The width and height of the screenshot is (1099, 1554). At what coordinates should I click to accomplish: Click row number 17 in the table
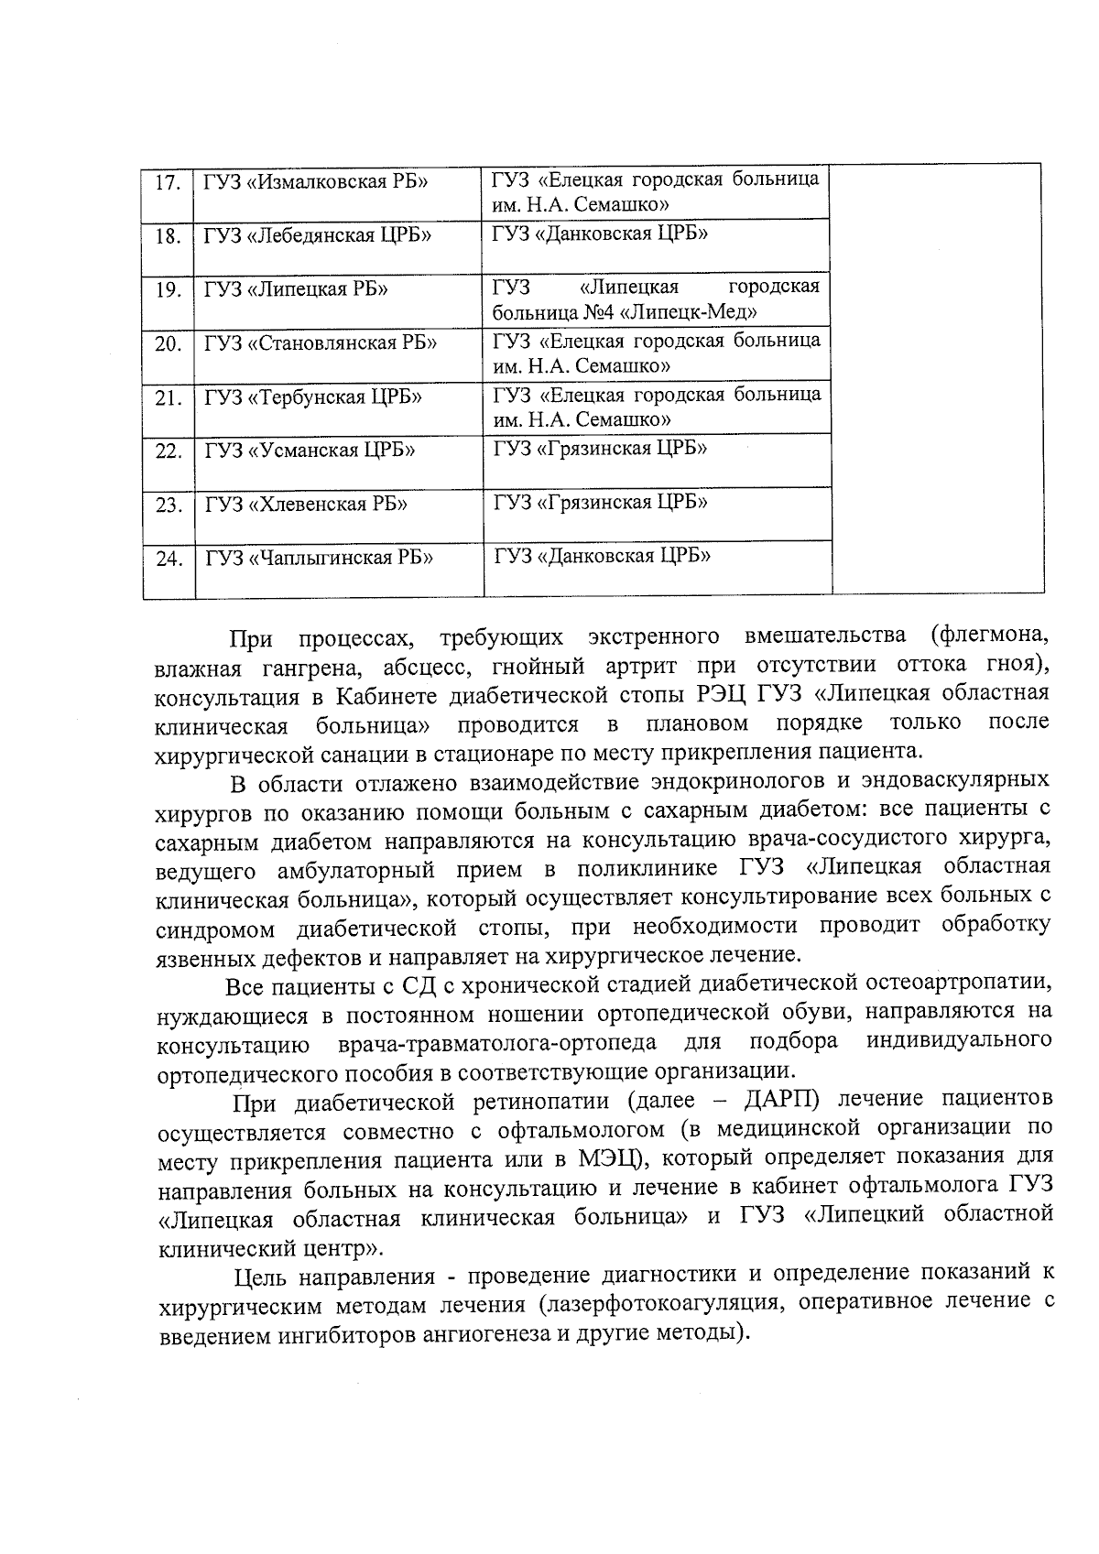click(167, 182)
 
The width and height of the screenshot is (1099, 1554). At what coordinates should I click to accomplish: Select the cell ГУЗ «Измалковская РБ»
click(317, 181)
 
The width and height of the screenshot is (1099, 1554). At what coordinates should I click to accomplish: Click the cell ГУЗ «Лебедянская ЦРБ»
click(319, 235)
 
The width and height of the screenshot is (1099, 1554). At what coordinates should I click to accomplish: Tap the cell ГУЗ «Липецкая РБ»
click(296, 289)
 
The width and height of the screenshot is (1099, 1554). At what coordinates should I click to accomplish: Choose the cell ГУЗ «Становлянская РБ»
click(321, 343)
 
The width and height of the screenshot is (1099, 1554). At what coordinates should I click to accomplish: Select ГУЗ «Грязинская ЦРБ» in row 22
click(600, 449)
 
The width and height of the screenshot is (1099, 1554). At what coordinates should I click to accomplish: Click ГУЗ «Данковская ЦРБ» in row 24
click(603, 556)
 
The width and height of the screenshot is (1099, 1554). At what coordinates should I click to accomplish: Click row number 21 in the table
click(169, 398)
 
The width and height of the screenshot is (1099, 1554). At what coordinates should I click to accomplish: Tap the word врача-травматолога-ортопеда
click(496, 1043)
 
